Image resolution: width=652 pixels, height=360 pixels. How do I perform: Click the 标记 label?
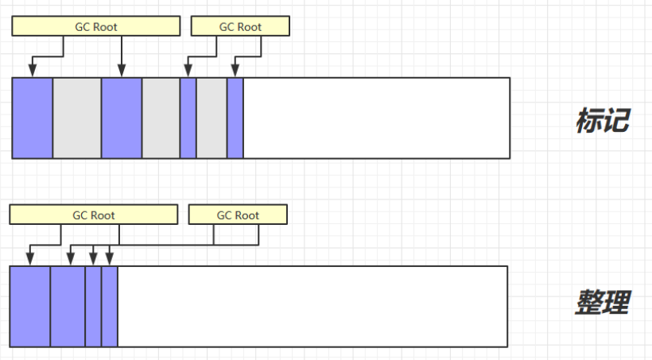[x=602, y=121]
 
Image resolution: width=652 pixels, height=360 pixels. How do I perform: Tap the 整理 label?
[x=602, y=302]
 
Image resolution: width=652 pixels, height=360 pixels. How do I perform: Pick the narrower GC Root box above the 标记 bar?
[x=240, y=26]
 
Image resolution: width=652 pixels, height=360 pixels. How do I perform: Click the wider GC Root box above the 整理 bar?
[x=93, y=215]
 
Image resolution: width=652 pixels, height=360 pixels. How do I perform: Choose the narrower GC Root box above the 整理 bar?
[x=237, y=215]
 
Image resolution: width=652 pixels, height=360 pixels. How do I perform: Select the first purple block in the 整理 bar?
[x=30, y=306]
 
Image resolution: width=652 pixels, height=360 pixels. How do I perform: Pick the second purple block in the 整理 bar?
[x=68, y=306]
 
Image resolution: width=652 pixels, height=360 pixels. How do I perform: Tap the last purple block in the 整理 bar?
[x=110, y=306]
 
